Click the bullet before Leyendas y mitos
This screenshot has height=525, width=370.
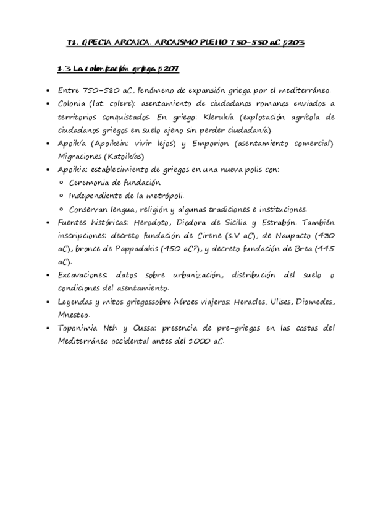49,302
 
